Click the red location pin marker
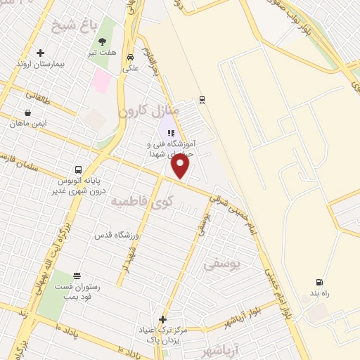tap(181, 166)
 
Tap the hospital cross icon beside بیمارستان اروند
tap(40, 53)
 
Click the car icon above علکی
tap(130, 57)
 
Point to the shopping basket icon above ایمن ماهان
tap(27, 112)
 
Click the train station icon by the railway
tap(202, 99)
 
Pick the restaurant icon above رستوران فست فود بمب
tap(77, 276)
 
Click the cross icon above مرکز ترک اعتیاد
tap(162, 319)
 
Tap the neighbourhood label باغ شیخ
tap(72, 28)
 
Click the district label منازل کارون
tap(148, 110)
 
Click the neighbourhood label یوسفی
tap(221, 264)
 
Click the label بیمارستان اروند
tap(40, 64)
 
